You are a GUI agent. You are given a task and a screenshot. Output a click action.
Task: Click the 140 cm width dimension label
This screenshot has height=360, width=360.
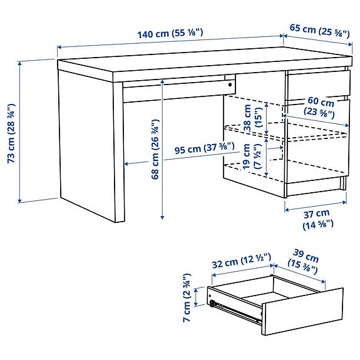(170, 33)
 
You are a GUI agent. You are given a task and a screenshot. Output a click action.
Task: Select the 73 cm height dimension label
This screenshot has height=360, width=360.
(11, 131)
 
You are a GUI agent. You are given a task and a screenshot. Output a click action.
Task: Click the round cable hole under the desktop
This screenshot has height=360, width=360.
(230, 83)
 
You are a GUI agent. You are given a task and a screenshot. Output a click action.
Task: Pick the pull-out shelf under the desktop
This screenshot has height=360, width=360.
(175, 91)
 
